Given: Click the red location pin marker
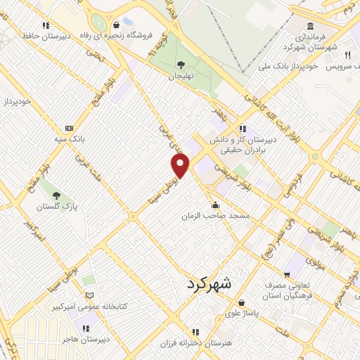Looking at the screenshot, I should click(181, 166).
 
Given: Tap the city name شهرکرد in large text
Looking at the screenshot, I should click(219, 285).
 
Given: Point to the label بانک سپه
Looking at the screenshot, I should click(70, 139).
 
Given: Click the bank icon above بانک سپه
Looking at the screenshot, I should click(69, 128).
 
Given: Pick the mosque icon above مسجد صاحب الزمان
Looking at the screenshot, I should click(215, 205).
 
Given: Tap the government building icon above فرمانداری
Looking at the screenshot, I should click(310, 27).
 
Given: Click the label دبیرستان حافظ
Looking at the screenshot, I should click(46, 35).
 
